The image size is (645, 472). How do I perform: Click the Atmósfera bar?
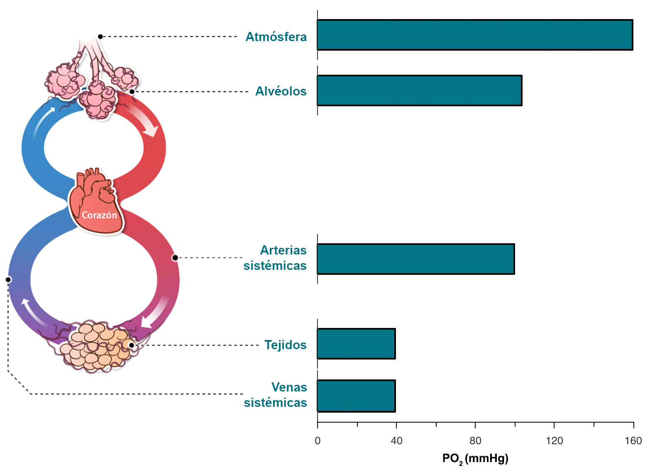click(474, 35)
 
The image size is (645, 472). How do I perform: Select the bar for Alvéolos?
click(419, 90)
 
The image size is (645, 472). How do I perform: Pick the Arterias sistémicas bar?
click(415, 259)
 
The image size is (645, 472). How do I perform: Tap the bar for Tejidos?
click(356, 344)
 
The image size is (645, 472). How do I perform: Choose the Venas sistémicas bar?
click(356, 396)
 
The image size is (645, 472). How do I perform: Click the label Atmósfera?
click(276, 37)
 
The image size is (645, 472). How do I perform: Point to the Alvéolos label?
click(281, 91)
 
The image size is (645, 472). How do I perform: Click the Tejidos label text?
click(286, 345)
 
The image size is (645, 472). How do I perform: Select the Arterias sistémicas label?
click(275, 258)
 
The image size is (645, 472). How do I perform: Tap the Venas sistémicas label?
click(276, 395)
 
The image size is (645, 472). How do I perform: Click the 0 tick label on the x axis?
click(318, 441)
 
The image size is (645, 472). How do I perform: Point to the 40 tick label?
click(396, 441)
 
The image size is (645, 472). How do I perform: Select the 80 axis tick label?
click(475, 441)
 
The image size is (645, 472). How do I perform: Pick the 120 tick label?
click(554, 441)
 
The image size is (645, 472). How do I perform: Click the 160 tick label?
click(633, 441)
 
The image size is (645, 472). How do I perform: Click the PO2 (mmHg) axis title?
click(475, 459)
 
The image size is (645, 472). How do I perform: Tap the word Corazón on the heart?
click(99, 215)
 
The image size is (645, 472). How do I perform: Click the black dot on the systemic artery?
click(175, 258)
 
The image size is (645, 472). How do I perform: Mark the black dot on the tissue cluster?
click(132, 345)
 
